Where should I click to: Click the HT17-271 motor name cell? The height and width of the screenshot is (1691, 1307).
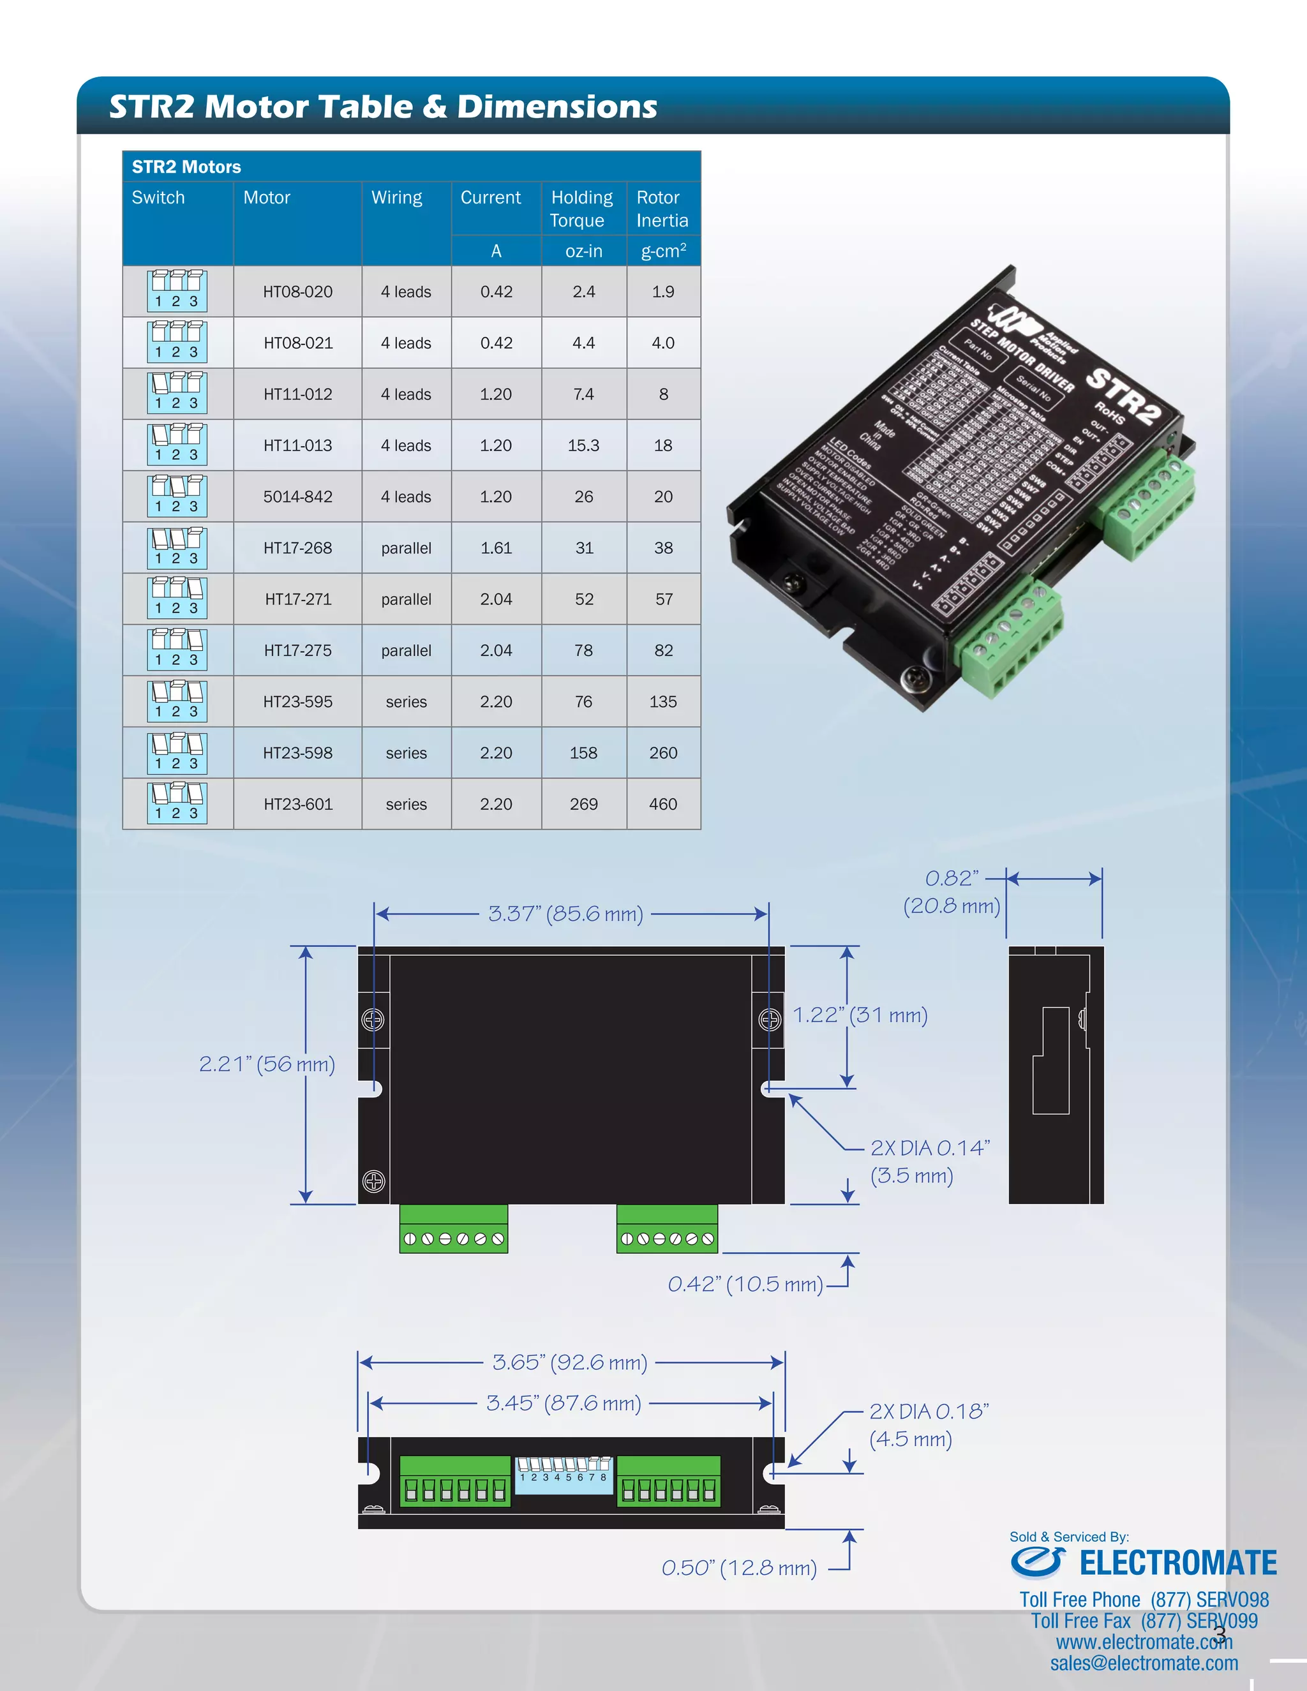click(x=297, y=599)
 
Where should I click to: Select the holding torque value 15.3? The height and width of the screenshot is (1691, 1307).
click(x=583, y=445)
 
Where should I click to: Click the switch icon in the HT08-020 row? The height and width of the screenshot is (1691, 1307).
click(x=177, y=291)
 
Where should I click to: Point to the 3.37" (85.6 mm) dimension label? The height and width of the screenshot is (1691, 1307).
click(x=565, y=914)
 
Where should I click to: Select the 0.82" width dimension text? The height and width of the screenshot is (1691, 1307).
click(x=952, y=878)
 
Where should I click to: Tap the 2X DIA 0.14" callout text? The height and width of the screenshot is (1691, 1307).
click(x=929, y=1147)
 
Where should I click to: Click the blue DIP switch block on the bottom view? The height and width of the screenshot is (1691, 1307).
click(x=564, y=1474)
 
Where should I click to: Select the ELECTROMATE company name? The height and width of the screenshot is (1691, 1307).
click(x=1177, y=1563)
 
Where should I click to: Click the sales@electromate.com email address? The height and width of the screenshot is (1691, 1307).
click(x=1144, y=1663)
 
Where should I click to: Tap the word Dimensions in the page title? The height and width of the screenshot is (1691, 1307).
click(x=556, y=107)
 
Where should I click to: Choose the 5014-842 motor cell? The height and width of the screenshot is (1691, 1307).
click(x=297, y=496)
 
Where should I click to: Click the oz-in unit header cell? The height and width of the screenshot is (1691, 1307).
click(x=583, y=251)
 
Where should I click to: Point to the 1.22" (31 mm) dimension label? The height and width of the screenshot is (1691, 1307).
click(x=860, y=1015)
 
